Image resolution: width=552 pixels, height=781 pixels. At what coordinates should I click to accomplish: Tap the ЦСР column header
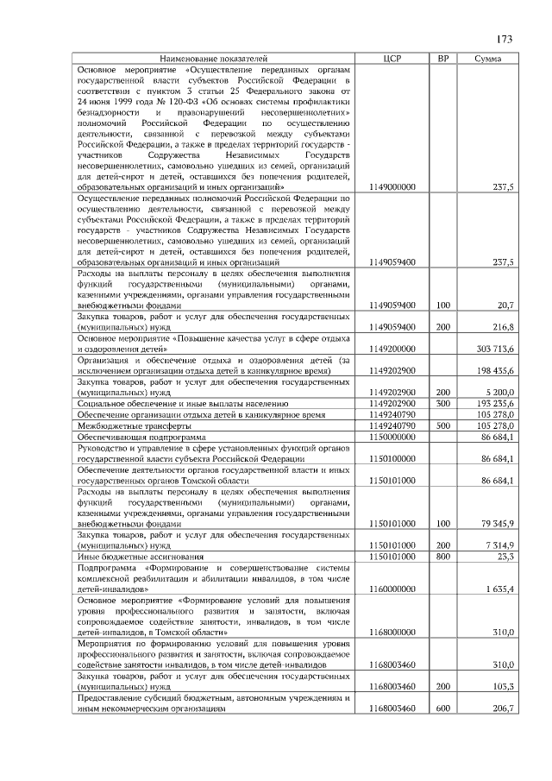click(392, 58)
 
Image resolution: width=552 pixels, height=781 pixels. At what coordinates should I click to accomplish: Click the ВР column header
click(443, 58)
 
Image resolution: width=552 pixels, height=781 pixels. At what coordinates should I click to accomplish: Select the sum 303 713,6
click(494, 349)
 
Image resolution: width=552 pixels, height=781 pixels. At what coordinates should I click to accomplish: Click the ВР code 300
click(443, 404)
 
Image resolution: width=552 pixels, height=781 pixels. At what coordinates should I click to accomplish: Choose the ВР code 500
click(443, 426)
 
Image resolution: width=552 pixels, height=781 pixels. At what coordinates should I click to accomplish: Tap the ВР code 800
click(443, 557)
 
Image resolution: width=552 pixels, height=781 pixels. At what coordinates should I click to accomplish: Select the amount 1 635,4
click(499, 589)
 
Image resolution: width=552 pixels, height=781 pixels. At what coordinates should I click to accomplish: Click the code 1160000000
click(392, 589)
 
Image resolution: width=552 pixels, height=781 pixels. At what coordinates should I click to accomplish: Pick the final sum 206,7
click(503, 709)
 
